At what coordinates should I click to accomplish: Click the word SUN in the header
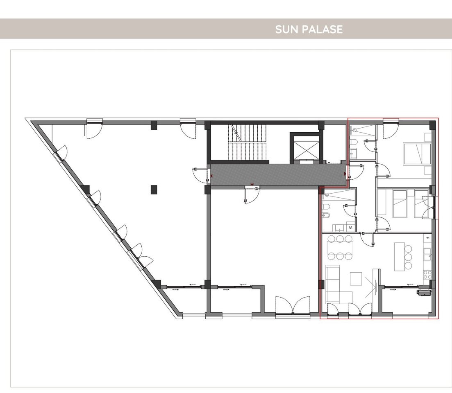click(x=285, y=29)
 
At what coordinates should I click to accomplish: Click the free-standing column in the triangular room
click(x=154, y=190)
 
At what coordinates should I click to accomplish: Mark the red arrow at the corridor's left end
click(x=211, y=176)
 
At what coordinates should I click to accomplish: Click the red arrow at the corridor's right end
click(x=345, y=174)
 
